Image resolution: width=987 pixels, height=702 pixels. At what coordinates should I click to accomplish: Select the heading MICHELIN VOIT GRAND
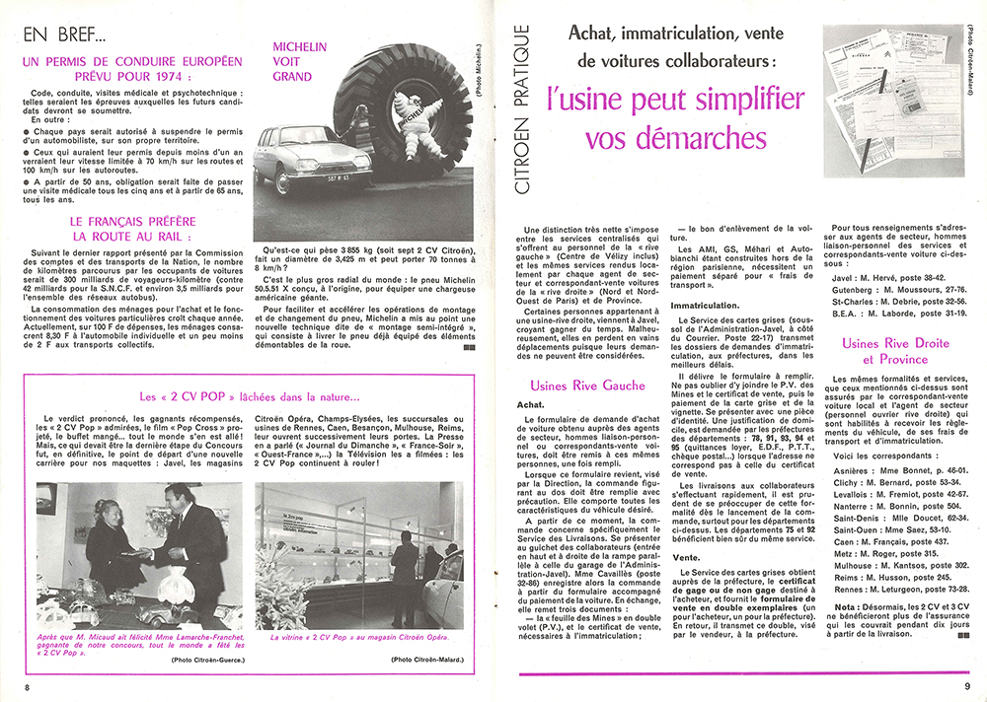(292, 61)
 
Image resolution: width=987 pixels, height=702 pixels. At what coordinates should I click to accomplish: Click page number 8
(29, 685)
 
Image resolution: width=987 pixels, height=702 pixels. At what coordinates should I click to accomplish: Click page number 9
(968, 685)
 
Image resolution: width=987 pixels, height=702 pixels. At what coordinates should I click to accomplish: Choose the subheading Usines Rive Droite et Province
(895, 351)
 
